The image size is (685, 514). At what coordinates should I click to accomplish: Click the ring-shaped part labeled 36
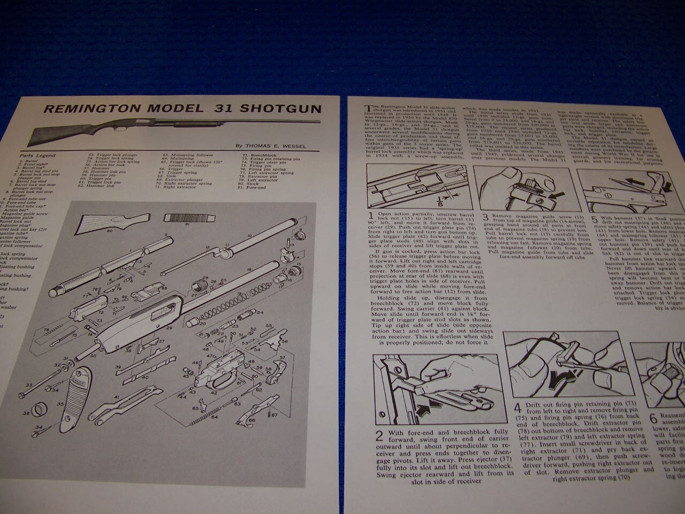pyautogui.click(x=38, y=413)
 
